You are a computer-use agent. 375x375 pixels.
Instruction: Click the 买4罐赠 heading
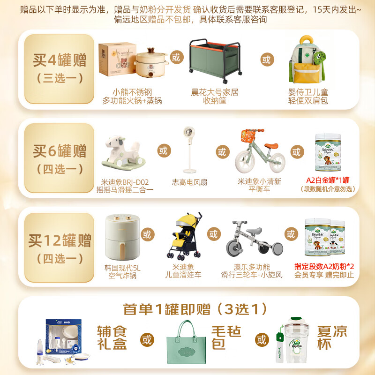(60, 60)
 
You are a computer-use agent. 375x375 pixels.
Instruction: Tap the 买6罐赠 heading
(60, 151)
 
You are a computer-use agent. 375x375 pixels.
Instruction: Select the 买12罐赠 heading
(60, 241)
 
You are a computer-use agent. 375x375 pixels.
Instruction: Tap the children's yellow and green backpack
(308, 60)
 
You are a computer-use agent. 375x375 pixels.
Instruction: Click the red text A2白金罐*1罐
(328, 180)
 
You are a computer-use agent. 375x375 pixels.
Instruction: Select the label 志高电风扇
(189, 182)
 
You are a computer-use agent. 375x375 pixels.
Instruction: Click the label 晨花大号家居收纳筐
(215, 97)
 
